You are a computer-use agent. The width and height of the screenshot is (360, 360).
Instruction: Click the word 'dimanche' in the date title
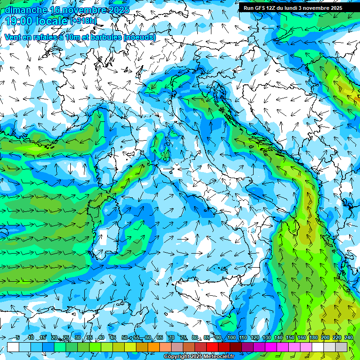click(x=26, y=10)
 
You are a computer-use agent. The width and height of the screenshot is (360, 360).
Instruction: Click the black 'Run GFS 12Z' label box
click(x=293, y=8)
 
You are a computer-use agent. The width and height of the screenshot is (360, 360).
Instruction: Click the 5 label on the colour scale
click(x=17, y=337)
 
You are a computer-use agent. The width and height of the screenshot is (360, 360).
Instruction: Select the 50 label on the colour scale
click(x=124, y=337)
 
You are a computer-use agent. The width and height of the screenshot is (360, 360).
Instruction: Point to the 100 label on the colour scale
click(x=231, y=337)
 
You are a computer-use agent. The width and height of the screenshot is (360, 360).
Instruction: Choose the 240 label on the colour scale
click(x=348, y=337)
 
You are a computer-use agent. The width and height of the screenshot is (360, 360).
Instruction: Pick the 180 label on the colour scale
click(x=313, y=337)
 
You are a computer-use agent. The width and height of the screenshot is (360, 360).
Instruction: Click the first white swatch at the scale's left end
click(x=13, y=347)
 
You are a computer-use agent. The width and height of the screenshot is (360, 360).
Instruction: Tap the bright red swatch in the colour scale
click(x=212, y=347)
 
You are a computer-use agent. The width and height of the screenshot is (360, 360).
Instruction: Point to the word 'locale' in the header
click(x=52, y=21)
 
